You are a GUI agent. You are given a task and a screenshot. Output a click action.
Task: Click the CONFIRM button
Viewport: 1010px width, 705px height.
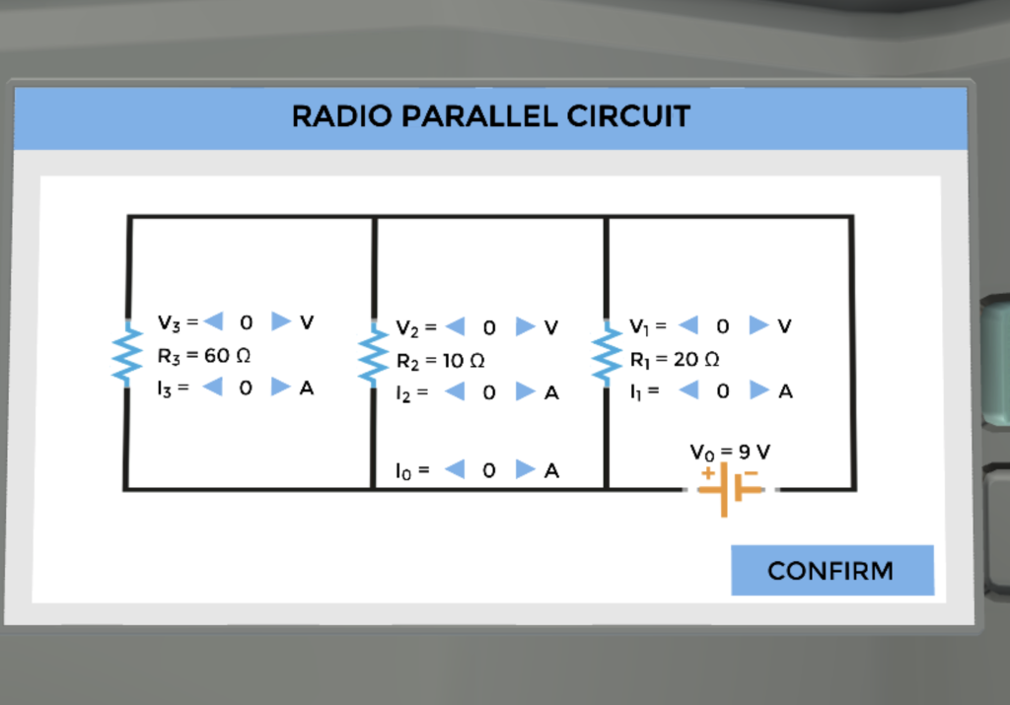coord(831,571)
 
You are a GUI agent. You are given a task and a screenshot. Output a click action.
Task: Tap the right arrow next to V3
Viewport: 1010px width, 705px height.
coord(281,321)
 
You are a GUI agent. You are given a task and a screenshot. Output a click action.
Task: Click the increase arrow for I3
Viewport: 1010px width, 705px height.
coord(281,388)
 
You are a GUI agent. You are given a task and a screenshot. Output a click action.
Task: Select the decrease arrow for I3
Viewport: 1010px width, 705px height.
coord(212,388)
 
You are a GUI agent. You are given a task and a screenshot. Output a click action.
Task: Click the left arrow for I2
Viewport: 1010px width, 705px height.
coord(455,391)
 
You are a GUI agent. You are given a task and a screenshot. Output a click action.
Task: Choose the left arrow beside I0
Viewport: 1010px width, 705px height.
coord(455,469)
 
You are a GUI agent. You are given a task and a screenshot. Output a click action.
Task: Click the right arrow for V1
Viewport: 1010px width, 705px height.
coord(757,324)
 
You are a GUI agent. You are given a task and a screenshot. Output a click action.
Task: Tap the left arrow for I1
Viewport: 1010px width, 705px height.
coord(688,390)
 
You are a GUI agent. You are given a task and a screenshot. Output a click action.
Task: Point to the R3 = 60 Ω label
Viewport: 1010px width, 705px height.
coord(196,355)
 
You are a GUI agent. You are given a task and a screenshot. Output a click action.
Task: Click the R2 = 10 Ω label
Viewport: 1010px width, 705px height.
coord(440,361)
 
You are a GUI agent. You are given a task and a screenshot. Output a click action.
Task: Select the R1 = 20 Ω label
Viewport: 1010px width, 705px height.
coord(674,358)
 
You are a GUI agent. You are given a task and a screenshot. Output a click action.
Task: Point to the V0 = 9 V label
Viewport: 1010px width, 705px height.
coord(730,452)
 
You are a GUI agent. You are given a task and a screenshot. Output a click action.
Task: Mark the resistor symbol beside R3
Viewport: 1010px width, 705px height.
coord(126,355)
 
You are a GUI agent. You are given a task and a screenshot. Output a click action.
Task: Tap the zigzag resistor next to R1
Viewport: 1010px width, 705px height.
coord(605,356)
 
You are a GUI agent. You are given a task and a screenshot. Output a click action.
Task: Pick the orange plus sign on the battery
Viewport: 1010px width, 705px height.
coord(707,473)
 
